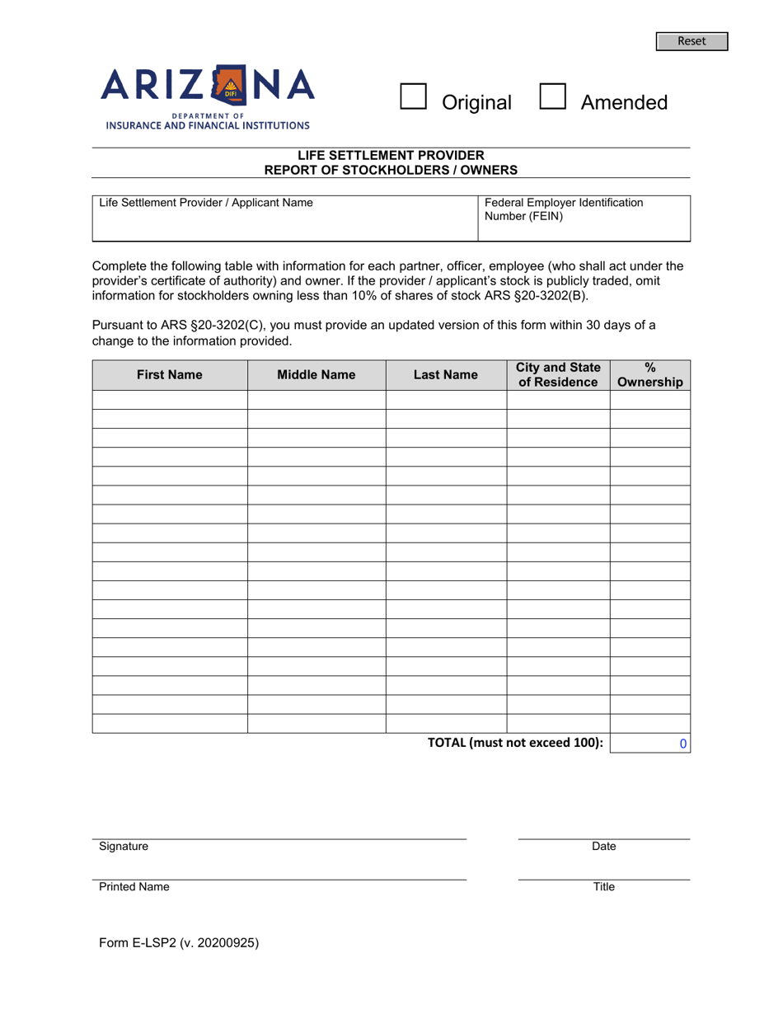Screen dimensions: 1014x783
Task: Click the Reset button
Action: [692, 41]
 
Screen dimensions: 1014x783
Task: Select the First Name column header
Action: [169, 375]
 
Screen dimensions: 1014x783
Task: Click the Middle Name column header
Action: [316, 375]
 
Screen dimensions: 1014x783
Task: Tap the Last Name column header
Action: [446, 375]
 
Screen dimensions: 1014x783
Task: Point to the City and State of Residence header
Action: [558, 375]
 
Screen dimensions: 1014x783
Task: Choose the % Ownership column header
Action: [649, 375]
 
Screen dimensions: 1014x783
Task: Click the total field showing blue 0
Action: [650, 744]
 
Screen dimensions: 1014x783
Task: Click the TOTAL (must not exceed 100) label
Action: [515, 743]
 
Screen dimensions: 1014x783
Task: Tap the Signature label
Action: [124, 847]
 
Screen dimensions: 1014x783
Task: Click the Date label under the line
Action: [603, 847]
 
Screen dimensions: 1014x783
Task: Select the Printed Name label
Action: [134, 887]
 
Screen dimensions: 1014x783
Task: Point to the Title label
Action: [604, 887]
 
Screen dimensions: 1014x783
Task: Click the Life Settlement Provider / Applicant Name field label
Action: [206, 203]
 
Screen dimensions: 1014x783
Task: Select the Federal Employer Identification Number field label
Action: [565, 209]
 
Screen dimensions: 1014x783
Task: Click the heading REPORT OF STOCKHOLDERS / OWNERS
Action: [391, 170]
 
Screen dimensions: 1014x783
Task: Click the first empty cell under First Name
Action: [169, 400]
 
